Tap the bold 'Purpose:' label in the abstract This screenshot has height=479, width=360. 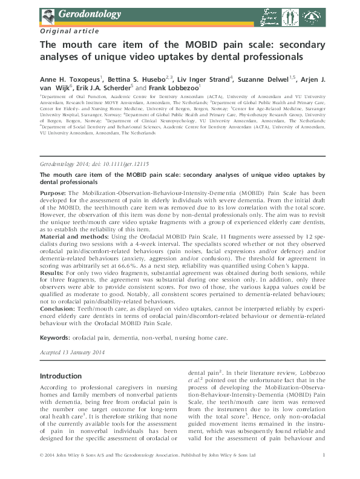click(55, 192)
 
